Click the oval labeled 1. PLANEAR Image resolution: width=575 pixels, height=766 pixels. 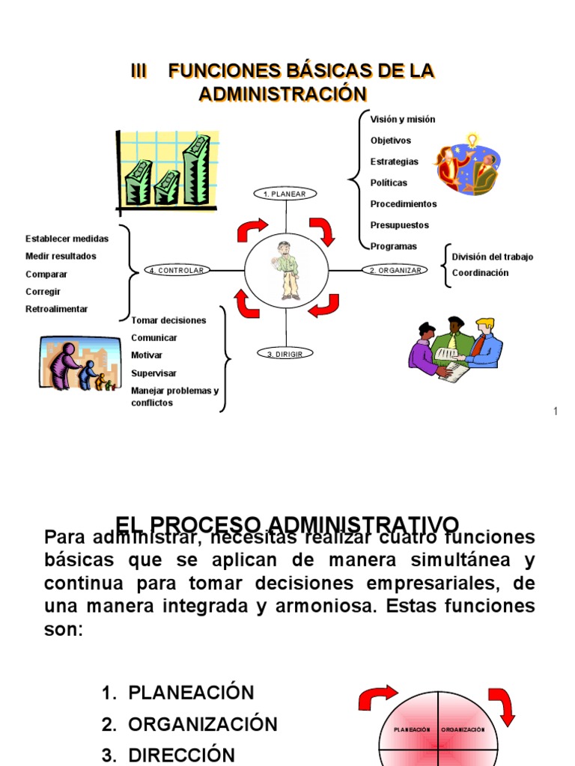click(x=285, y=194)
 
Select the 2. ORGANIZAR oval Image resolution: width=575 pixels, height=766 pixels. click(x=395, y=270)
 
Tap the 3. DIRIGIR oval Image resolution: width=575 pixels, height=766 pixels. click(x=285, y=354)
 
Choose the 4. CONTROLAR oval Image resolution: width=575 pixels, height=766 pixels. click(x=177, y=270)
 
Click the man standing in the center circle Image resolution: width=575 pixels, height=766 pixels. click(x=287, y=270)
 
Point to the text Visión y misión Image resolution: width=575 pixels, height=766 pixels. click(x=402, y=119)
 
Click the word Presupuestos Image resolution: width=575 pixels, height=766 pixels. click(x=401, y=224)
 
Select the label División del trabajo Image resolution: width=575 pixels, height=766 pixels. click(x=493, y=257)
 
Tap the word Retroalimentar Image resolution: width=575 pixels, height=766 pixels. click(x=56, y=309)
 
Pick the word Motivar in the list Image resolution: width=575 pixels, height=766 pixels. click(x=147, y=355)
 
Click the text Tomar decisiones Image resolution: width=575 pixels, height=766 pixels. click(x=168, y=320)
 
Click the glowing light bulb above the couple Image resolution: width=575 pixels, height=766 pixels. click(x=472, y=140)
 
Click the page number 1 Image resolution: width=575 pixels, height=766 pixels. click(x=556, y=411)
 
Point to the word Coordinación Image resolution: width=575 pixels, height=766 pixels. click(x=480, y=273)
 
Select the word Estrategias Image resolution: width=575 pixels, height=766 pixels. click(x=395, y=162)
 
